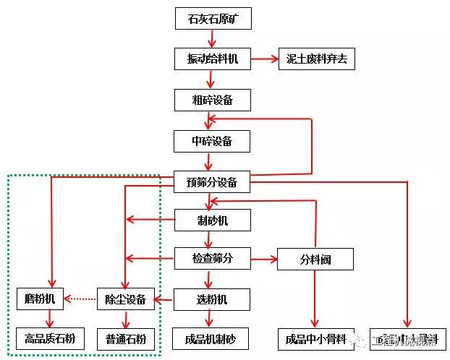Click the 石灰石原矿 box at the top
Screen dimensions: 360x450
click(213, 19)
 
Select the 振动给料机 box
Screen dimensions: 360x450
click(213, 59)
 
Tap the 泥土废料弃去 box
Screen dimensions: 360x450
click(317, 59)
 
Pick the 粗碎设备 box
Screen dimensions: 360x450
click(213, 100)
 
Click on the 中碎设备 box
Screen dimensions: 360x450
click(213, 140)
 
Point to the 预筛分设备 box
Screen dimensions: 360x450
click(213, 182)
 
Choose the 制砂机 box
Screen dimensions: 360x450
click(213, 220)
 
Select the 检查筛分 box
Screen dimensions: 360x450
click(213, 258)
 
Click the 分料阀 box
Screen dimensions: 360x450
click(315, 259)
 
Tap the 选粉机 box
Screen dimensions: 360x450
click(213, 299)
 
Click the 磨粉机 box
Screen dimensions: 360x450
click(40, 299)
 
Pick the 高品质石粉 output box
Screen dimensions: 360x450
click(50, 338)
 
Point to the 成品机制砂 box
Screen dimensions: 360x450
click(211, 338)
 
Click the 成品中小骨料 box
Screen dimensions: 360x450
click(316, 338)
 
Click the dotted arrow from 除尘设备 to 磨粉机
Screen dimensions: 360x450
click(80, 299)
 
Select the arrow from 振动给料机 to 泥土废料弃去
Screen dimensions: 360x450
click(264, 59)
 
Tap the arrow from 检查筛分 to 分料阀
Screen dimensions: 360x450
click(264, 258)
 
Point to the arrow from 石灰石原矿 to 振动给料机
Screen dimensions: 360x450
click(213, 39)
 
